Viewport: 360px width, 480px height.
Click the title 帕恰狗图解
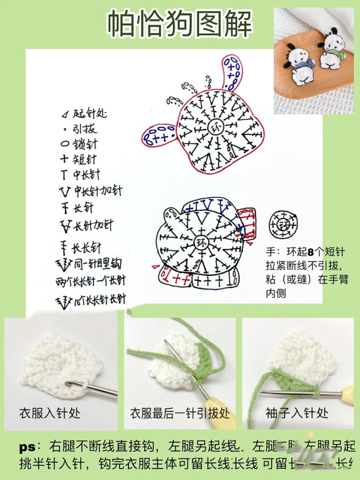coord(180,24)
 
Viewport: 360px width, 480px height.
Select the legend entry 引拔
coord(81,129)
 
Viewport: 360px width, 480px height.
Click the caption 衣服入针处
coord(50,413)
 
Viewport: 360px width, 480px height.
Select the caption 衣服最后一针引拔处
coord(180,413)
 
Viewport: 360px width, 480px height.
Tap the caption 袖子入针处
coord(297,413)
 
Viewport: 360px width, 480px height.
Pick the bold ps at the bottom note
coord(27,447)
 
